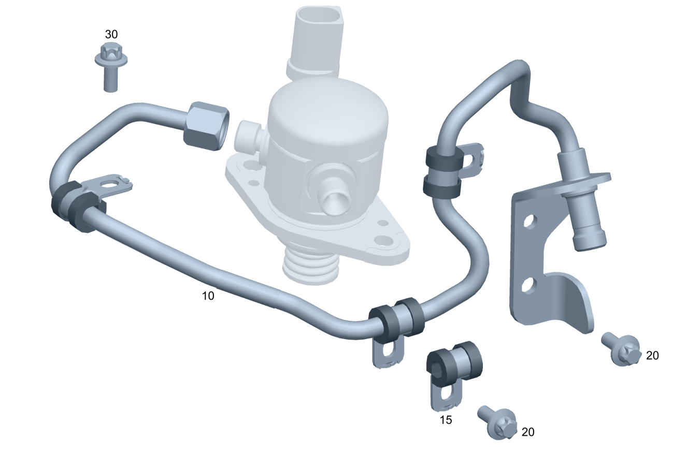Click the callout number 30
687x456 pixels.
point(111,34)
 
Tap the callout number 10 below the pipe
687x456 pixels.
point(208,296)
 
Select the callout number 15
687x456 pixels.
point(446,420)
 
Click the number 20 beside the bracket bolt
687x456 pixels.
point(652,356)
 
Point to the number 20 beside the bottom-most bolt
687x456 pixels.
point(528,432)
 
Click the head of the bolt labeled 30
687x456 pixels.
point(111,56)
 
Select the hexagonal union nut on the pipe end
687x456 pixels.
point(206,126)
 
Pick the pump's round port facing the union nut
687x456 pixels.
point(247,135)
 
